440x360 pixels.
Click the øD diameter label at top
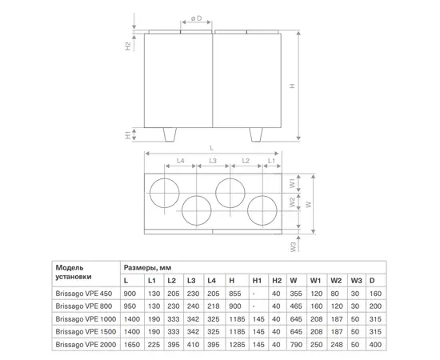point(197,18)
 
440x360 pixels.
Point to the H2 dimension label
point(128,46)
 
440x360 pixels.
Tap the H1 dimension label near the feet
point(128,134)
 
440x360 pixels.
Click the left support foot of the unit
point(170,134)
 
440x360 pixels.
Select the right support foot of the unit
point(256,134)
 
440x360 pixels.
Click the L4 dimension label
point(181,161)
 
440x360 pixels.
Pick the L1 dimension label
point(271,161)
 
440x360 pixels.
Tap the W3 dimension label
point(293,247)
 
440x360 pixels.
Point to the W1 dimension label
point(292,183)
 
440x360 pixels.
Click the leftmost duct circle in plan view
point(165,178)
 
